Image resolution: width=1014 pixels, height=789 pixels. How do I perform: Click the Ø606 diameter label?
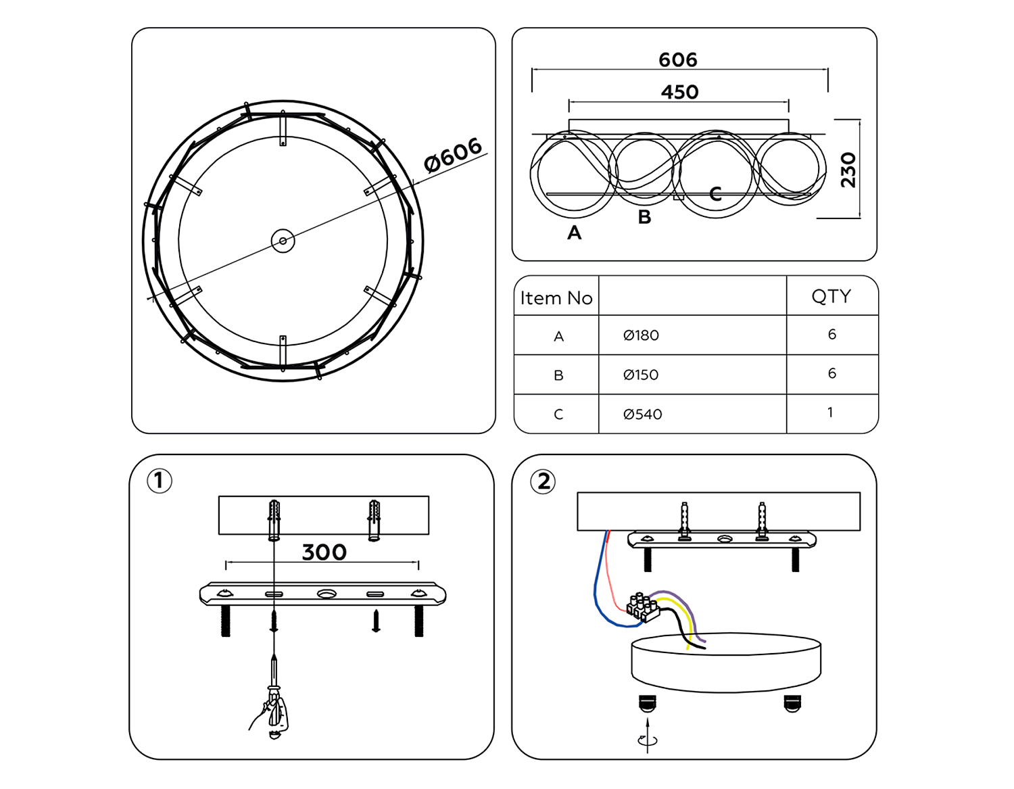453,155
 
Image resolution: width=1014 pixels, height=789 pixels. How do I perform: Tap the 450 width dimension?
679,92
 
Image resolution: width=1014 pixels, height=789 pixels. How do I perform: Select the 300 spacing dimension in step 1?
324,552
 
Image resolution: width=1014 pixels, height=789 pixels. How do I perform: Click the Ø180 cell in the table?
641,335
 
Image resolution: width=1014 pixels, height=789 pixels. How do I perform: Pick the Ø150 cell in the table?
640,375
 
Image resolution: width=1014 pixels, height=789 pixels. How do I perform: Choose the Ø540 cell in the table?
642,414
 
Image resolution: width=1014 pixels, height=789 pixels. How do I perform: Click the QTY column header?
831,296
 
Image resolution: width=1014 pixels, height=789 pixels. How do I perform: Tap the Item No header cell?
556,298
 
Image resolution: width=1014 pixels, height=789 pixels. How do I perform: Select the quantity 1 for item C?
831,412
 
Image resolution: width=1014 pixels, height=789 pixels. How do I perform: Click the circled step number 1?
160,481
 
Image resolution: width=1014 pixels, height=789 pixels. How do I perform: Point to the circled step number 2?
544,481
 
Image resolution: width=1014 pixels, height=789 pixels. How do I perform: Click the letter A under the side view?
574,233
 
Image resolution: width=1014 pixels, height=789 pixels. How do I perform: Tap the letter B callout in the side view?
644,217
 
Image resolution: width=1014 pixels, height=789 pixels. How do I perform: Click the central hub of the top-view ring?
283,241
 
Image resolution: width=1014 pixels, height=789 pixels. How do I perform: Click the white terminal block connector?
642,606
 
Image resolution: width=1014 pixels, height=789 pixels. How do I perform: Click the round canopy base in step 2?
725,663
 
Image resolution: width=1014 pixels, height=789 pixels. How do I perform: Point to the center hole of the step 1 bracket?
327,594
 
